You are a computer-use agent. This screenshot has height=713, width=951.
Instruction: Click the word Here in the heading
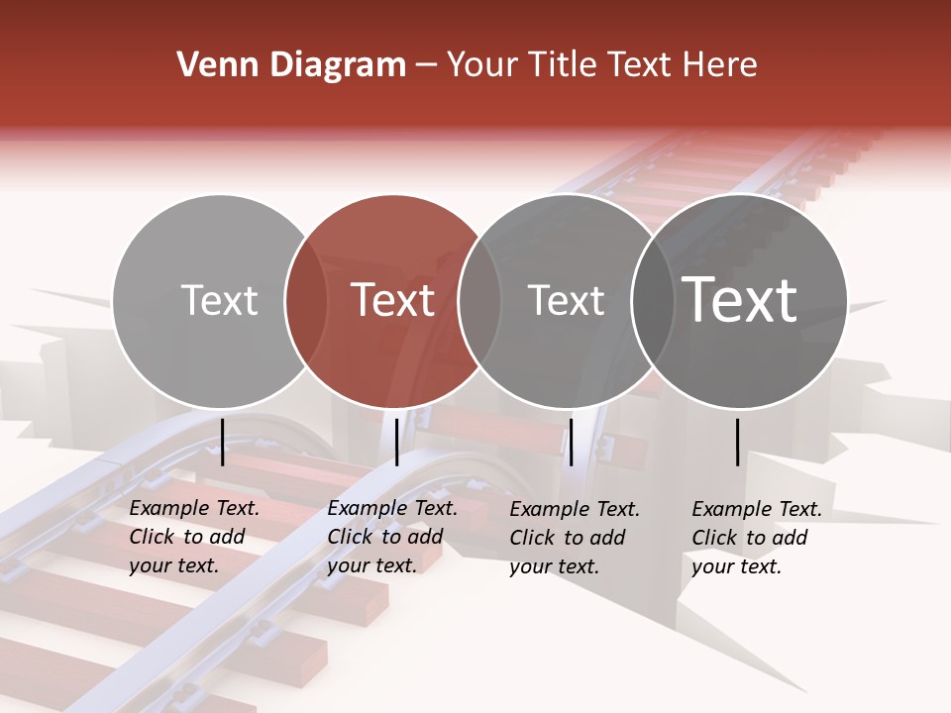point(721,65)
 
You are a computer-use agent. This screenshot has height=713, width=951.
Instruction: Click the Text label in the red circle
point(392,300)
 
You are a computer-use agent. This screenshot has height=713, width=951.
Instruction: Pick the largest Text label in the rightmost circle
point(739,300)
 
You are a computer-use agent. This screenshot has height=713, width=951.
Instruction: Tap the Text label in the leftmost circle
point(219,300)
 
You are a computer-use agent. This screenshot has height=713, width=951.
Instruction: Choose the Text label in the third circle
point(566,300)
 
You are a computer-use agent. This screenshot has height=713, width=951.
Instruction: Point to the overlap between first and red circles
point(306,301)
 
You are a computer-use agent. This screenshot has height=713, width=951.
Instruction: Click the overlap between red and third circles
point(479,301)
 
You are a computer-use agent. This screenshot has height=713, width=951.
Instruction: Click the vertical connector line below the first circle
point(223,442)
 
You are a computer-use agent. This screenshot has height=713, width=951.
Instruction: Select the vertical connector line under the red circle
point(396,442)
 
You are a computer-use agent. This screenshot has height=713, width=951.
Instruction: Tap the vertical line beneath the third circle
point(571,442)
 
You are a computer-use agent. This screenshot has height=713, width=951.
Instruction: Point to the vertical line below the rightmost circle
point(738,442)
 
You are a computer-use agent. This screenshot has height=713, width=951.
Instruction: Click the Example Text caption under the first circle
point(194,537)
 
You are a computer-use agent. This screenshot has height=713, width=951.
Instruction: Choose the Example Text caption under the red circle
point(392,537)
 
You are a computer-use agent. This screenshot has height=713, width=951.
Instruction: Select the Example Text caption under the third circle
point(575,538)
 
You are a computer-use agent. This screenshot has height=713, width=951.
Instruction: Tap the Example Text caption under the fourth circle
point(757,538)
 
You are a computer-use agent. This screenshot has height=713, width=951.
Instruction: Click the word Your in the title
point(480,65)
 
